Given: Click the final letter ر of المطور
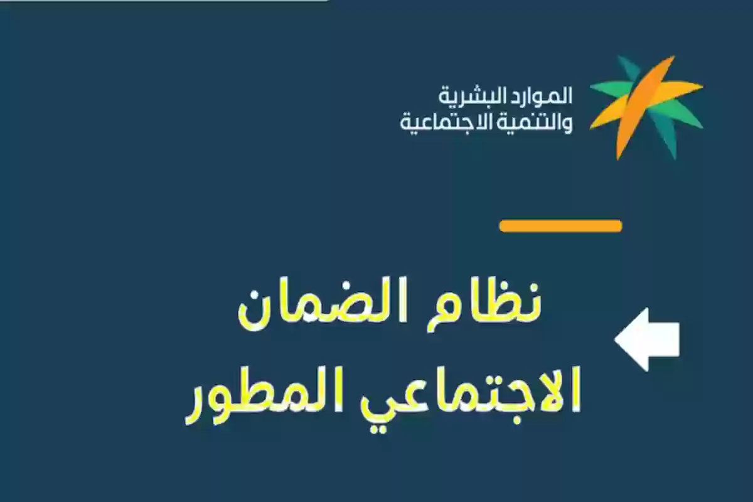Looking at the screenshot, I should [195, 402].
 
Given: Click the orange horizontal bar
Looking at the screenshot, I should [560, 226].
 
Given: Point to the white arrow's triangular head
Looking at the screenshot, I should [630, 339].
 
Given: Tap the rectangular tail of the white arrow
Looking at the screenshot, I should [664, 339].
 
